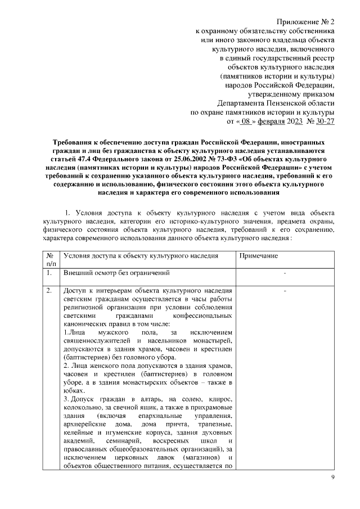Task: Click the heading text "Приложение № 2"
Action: click(307, 21)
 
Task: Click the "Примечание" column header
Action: click(258, 256)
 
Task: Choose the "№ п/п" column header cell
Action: click(51, 259)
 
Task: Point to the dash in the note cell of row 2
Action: click(286, 291)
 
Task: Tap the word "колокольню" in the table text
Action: click(82, 408)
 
